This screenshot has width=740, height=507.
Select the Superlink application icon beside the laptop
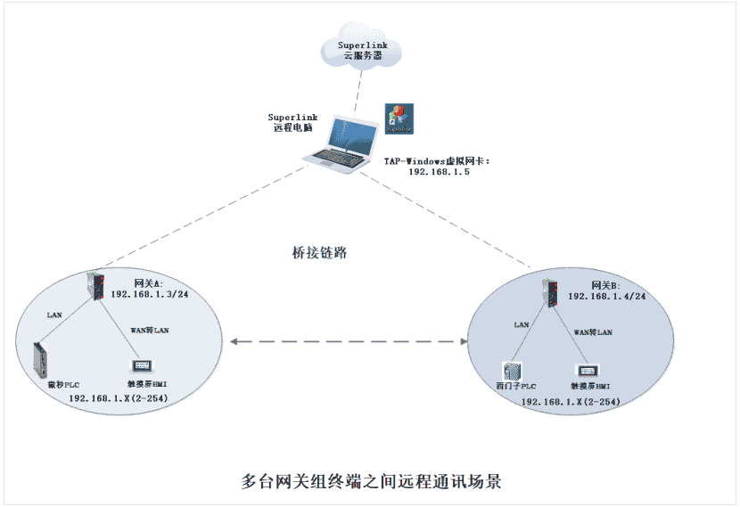point(399,119)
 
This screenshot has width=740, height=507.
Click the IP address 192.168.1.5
point(439,172)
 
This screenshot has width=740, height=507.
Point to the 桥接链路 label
point(319,252)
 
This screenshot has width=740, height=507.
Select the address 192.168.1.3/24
point(150,293)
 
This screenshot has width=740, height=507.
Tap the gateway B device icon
point(554,292)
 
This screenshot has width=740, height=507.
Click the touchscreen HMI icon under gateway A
point(139,366)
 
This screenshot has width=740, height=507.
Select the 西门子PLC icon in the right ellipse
point(511,372)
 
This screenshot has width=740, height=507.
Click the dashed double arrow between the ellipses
point(348,340)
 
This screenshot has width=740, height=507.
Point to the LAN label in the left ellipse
point(55,315)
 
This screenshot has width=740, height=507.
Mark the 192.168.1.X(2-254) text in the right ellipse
point(570,403)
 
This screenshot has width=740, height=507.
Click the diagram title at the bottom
point(372,481)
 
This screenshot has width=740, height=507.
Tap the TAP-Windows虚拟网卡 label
point(438,160)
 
